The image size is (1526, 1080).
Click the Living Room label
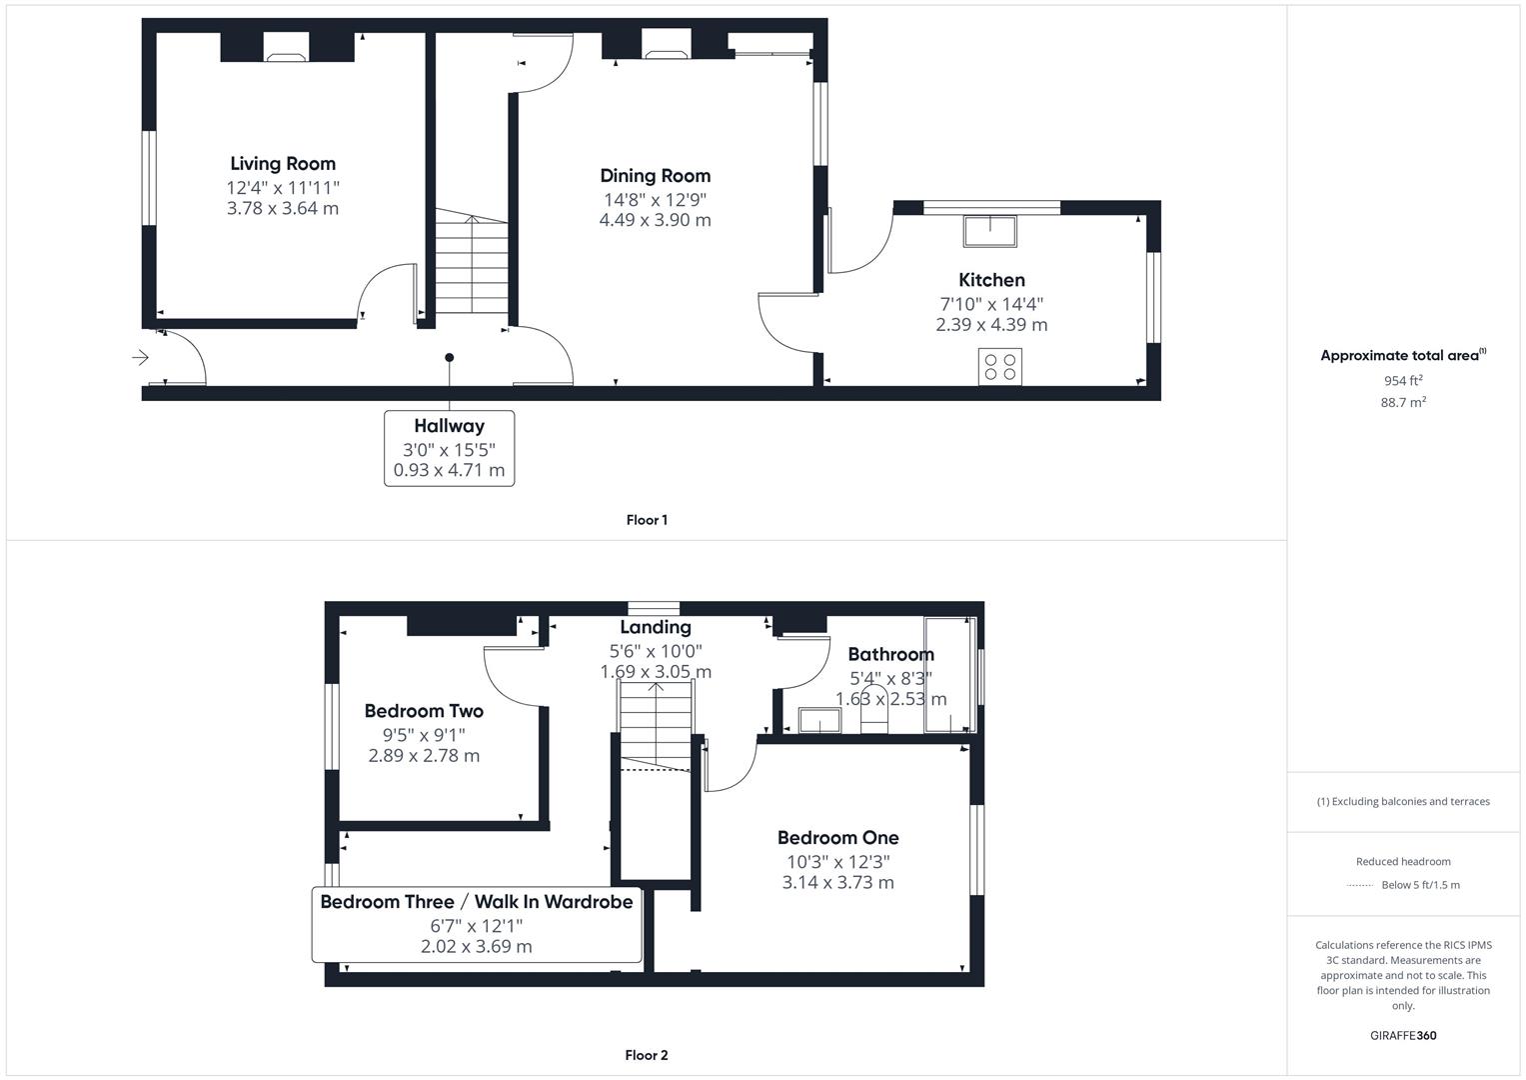(x=283, y=164)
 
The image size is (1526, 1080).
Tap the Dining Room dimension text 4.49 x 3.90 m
(x=655, y=220)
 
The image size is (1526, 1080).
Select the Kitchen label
(x=991, y=280)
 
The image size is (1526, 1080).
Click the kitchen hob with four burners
(x=1000, y=366)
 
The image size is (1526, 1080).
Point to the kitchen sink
(x=989, y=230)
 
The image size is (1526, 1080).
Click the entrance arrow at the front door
(x=140, y=357)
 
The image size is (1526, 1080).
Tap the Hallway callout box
(x=449, y=448)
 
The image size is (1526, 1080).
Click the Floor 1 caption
(x=647, y=520)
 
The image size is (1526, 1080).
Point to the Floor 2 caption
(x=647, y=1055)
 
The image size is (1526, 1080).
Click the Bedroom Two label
(x=424, y=711)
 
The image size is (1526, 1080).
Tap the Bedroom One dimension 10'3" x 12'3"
(x=837, y=861)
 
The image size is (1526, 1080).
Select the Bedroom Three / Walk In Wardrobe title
(x=477, y=902)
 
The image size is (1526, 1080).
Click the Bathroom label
(x=890, y=655)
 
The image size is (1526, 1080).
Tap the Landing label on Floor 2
(x=656, y=627)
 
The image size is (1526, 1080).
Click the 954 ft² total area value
(x=1403, y=381)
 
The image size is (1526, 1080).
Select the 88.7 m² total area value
(x=1403, y=402)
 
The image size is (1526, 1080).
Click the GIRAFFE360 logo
(x=1403, y=1035)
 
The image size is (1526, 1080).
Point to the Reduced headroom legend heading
(x=1403, y=861)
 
